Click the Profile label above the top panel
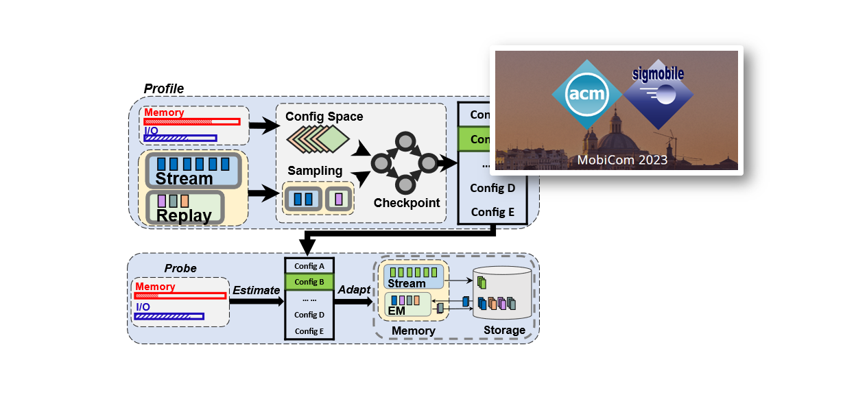tap(163, 89)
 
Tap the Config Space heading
tap(324, 117)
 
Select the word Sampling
tap(315, 170)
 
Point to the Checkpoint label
tap(406, 203)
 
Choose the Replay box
tap(185, 208)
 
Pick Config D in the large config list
tap(492, 188)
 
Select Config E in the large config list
tap(492, 212)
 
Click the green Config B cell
tap(309, 282)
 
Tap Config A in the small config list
tap(309, 266)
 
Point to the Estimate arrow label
tap(255, 290)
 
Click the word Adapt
tap(354, 290)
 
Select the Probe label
tap(180, 268)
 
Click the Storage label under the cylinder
tap(504, 331)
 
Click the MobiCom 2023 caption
tap(621, 160)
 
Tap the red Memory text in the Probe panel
tap(155, 287)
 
